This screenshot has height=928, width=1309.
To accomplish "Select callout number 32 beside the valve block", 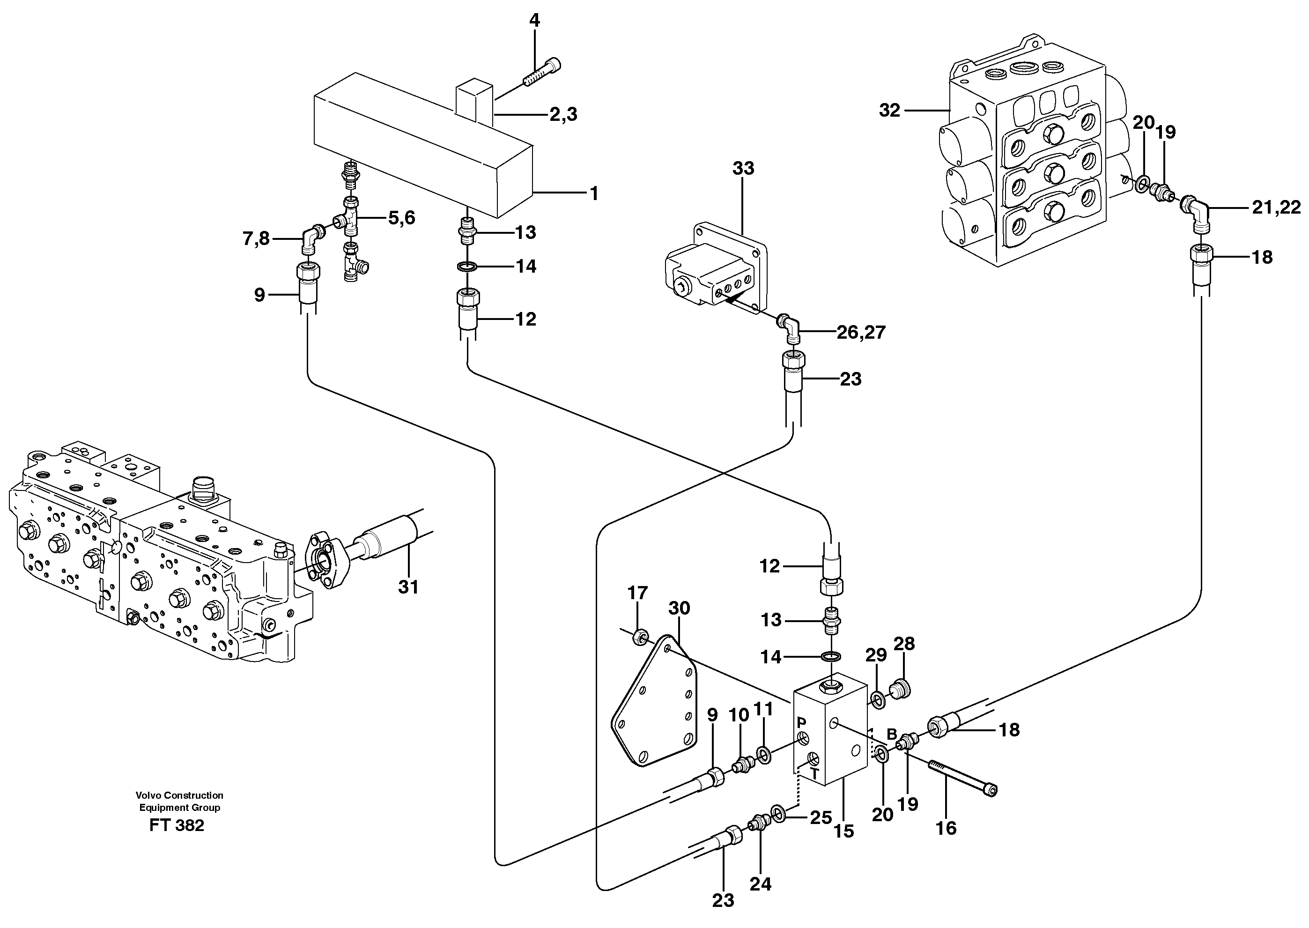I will (x=889, y=110).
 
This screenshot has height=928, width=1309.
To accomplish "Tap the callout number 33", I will (x=743, y=168).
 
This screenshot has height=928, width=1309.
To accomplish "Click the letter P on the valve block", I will (x=801, y=723).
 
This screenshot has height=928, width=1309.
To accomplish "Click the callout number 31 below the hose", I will (x=408, y=587).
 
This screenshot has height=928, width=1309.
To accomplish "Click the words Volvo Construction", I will (x=179, y=795).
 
